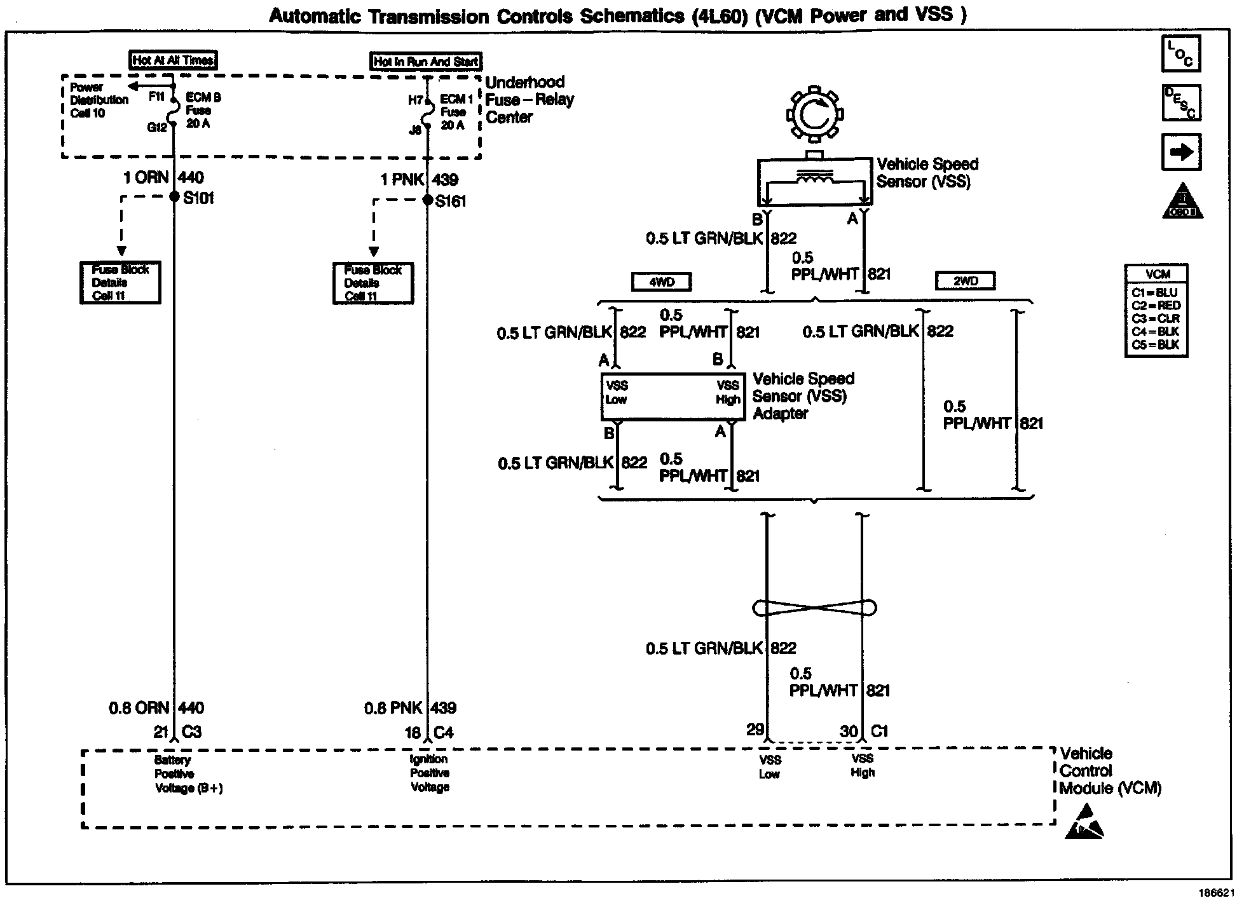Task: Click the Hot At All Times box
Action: (173, 60)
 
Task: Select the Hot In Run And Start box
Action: (426, 62)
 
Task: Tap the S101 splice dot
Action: (174, 197)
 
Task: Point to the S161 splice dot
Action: (428, 200)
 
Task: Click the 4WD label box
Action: (661, 282)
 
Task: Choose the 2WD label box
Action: (965, 281)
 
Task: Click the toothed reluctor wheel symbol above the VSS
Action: (814, 114)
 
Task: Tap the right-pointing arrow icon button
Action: (1181, 151)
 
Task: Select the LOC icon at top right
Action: (1180, 54)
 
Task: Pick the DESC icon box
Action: (1181, 102)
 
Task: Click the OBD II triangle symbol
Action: (1182, 201)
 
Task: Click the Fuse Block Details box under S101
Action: (120, 283)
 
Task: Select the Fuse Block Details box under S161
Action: (373, 283)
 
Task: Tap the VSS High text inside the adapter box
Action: (728, 393)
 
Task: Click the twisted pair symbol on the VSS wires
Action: (814, 608)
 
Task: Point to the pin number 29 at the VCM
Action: (755, 730)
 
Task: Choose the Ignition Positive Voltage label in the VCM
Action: (430, 773)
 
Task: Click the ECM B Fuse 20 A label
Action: (203, 111)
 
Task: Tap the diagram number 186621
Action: (1215, 893)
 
